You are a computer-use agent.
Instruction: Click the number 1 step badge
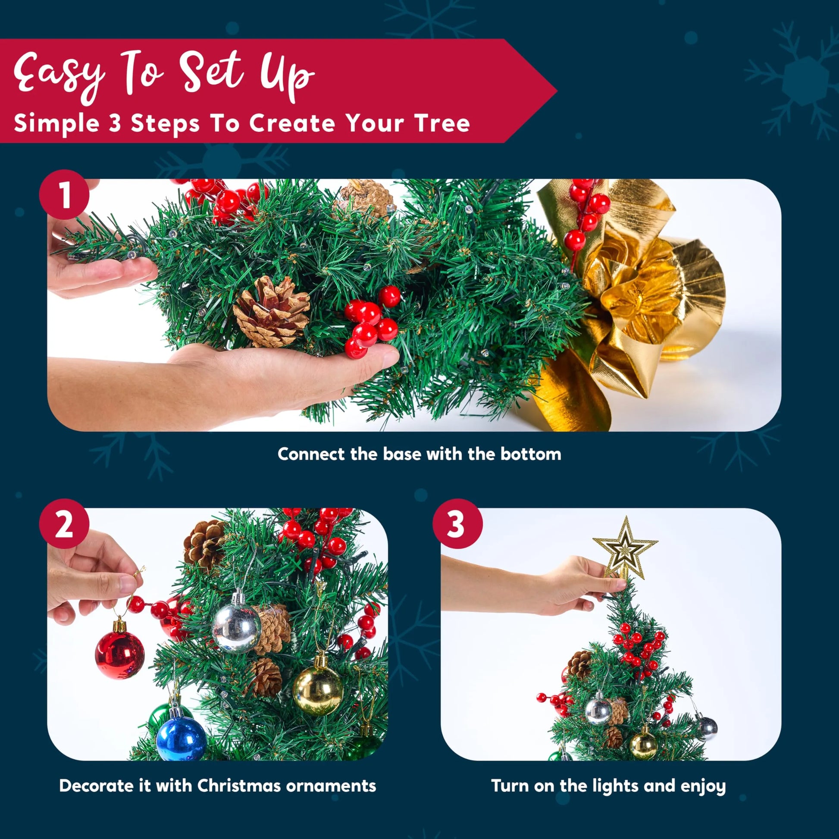pyautogui.click(x=64, y=195)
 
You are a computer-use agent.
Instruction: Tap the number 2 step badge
pyautogui.click(x=64, y=524)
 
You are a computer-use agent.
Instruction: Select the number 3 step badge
pyautogui.click(x=457, y=524)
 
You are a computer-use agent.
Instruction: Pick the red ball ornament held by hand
pyautogui.click(x=119, y=655)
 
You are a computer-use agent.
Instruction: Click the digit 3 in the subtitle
pyautogui.click(x=115, y=123)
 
